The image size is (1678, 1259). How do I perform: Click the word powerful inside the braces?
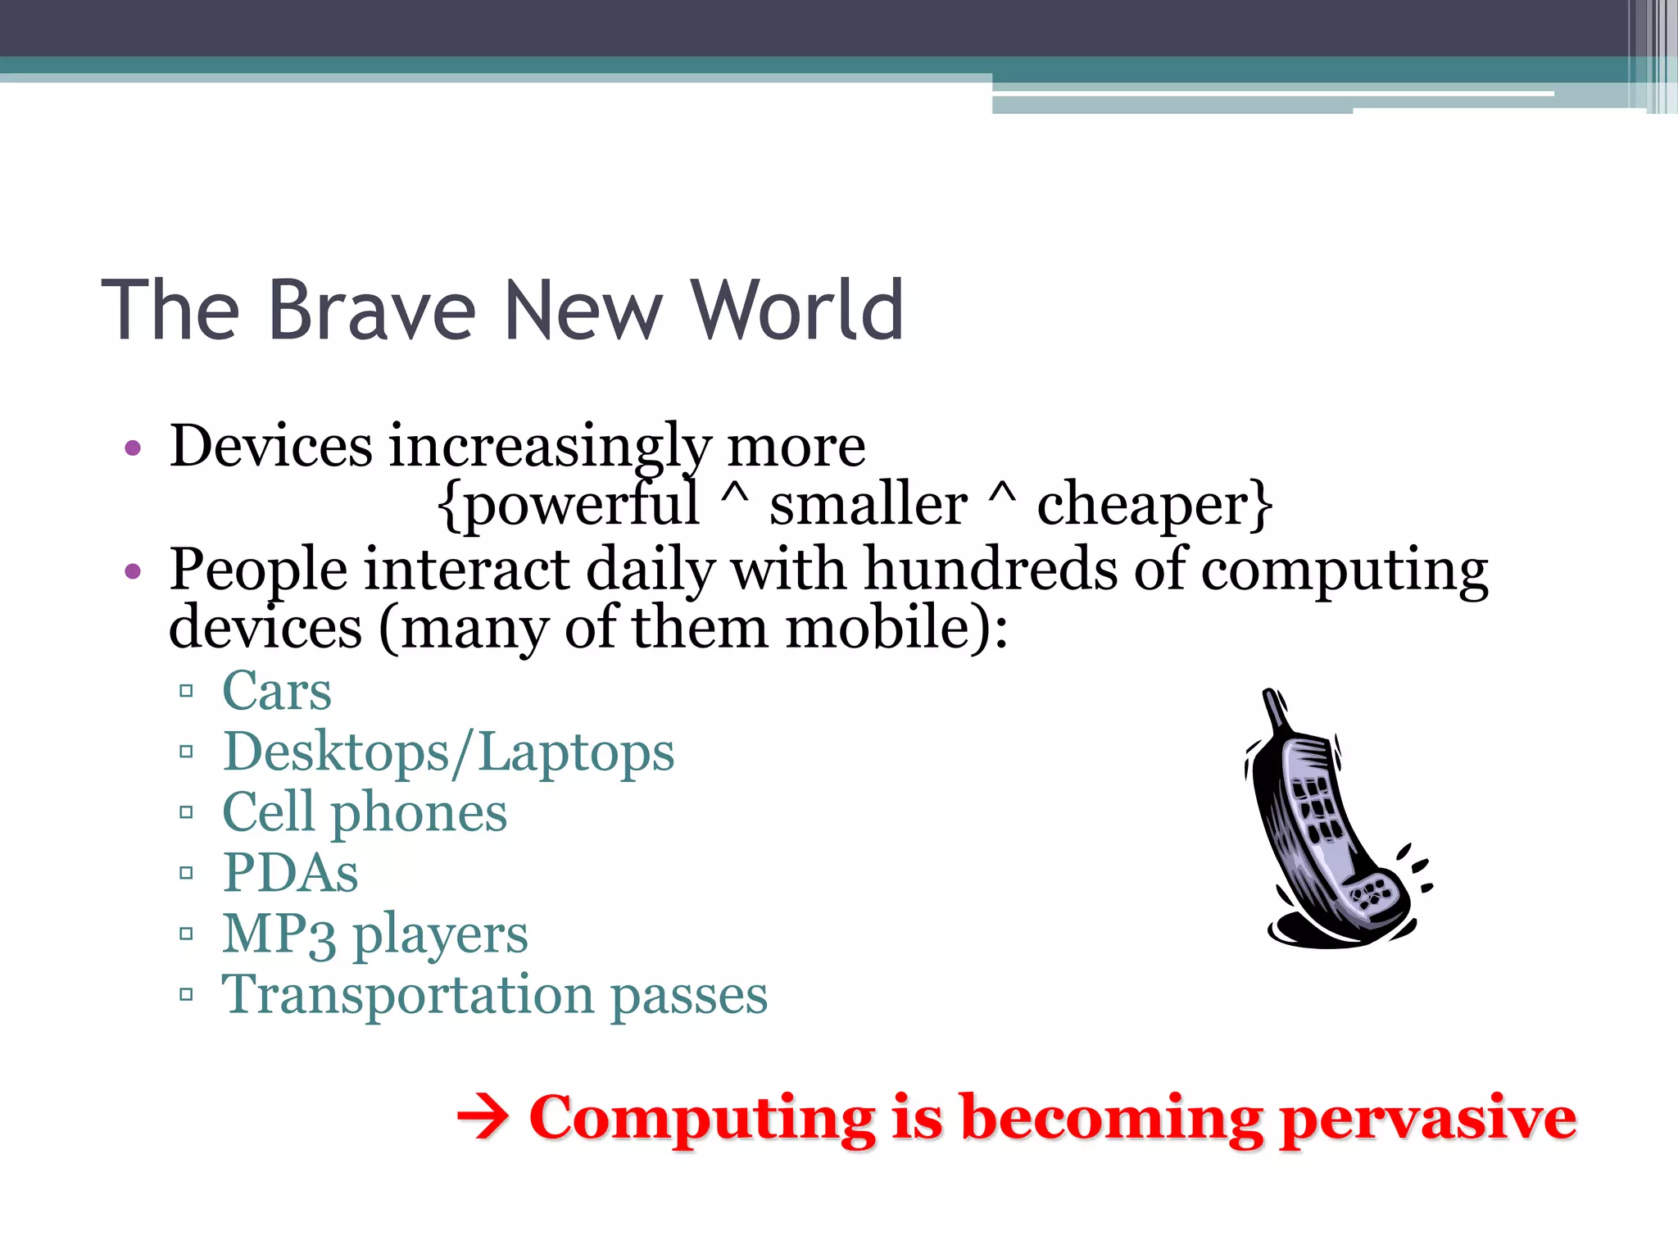pos(569,505)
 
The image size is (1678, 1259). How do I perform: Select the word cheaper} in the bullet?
pos(1155,505)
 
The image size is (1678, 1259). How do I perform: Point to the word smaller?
pos(868,505)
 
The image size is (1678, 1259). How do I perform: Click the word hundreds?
pos(991,569)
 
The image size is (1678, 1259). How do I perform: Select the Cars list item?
pos(277,691)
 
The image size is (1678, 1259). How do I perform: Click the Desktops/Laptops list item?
pos(448,752)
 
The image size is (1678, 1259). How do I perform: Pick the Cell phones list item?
pos(365,813)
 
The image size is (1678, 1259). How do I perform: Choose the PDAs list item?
pos(290,873)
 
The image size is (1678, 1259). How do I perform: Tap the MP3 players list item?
pos(375,934)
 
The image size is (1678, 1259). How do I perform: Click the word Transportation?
pos(407,995)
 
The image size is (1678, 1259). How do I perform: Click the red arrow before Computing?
pos(483,1119)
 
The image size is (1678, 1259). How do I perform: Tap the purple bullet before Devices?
pos(133,448)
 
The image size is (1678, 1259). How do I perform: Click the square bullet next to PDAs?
pos(186,873)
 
